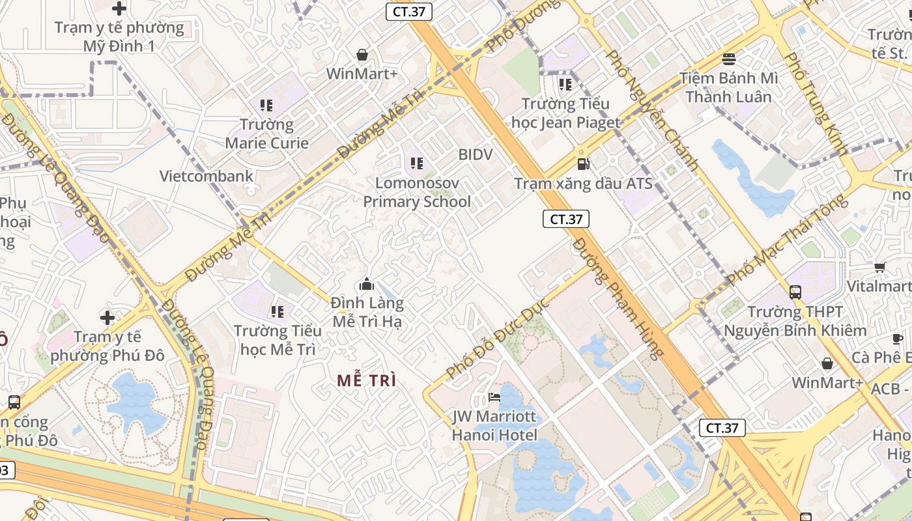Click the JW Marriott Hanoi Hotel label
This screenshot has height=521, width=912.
[494, 426]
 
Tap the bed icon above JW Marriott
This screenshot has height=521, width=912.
[494, 397]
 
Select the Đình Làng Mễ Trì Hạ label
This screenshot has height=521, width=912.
[368, 312]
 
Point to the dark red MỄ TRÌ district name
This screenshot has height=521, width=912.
[367, 381]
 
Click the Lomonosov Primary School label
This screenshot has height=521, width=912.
[416, 192]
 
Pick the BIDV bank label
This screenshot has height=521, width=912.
[475, 154]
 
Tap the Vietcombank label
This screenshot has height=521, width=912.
[207, 176]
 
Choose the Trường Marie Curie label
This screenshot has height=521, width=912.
[266, 134]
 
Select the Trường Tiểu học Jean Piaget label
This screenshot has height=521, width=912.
[565, 113]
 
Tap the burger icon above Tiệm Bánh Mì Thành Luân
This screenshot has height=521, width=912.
[728, 59]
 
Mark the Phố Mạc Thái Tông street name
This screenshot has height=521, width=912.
[787, 239]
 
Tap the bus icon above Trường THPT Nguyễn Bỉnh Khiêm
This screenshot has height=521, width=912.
[795, 292]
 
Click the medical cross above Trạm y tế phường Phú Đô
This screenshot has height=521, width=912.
[107, 318]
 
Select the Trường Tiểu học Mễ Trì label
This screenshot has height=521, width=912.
[278, 340]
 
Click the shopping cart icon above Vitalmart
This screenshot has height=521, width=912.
[879, 266]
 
